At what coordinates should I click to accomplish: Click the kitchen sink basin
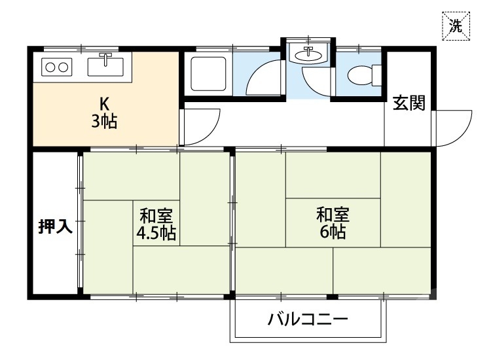click(x=105, y=66)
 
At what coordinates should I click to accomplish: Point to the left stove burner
click(x=49, y=66)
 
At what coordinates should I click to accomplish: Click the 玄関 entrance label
click(x=409, y=103)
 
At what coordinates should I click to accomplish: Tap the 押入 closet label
click(x=55, y=226)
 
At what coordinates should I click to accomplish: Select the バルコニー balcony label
click(x=306, y=321)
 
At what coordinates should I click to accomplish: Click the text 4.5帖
click(x=156, y=234)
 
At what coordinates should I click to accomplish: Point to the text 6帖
click(x=333, y=232)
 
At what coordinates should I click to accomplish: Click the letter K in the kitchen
click(x=103, y=103)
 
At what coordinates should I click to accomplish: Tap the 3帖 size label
click(x=104, y=121)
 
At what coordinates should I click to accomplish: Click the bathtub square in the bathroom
click(x=208, y=74)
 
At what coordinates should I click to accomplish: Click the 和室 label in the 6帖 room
click(x=333, y=214)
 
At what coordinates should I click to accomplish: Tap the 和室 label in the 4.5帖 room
click(x=156, y=216)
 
